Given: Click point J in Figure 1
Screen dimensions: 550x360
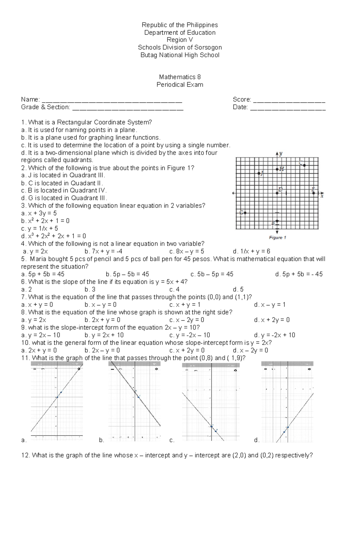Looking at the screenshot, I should tap(259, 173).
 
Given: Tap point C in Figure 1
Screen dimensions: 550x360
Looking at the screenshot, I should tap(304, 165).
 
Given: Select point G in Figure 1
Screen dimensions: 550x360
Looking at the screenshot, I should tap(245, 213).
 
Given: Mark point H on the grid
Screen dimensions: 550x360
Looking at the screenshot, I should tap(277, 169).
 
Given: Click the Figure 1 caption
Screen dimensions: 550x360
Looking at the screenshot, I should tap(277, 237).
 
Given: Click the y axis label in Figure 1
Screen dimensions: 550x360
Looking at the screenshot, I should tap(281, 153).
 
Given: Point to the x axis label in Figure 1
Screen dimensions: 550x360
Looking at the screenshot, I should tap(322, 196).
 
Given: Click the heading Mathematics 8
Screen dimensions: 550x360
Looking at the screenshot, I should tap(180, 77).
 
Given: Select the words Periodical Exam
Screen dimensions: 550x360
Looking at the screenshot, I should tap(180, 85).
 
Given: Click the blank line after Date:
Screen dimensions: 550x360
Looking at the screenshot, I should tap(288, 108).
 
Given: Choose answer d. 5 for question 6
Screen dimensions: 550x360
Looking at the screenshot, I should tap(238, 289).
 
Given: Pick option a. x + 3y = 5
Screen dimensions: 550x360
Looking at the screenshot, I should tap(39, 213).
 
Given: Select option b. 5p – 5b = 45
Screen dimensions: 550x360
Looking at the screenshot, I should tap(127, 274).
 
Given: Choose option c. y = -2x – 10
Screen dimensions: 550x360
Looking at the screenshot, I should tap(190, 335).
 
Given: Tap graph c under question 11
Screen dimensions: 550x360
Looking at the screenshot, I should tap(211, 402).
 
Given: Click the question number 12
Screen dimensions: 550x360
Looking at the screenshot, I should tap(25, 455).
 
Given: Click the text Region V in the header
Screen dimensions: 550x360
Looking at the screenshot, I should tap(180, 40).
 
